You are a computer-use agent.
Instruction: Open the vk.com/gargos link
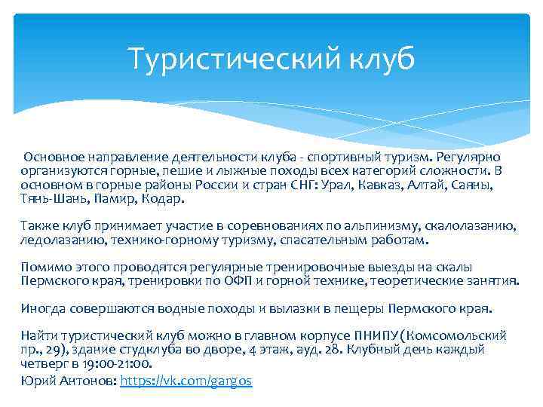pyautogui.click(x=186, y=381)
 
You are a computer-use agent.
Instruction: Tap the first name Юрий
pyautogui.click(x=35, y=381)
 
